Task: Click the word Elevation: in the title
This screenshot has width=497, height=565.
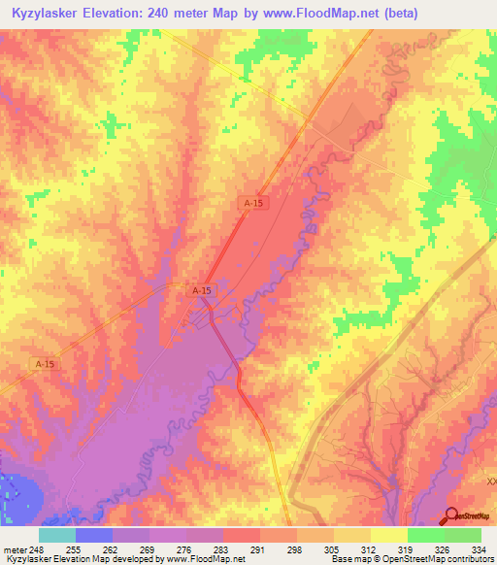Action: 123,14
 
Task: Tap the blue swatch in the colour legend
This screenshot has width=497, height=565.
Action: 94,535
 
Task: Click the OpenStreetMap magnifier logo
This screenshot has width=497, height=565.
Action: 452,516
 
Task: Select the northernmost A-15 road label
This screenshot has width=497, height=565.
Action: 253,202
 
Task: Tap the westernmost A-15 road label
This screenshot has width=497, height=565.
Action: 45,363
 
